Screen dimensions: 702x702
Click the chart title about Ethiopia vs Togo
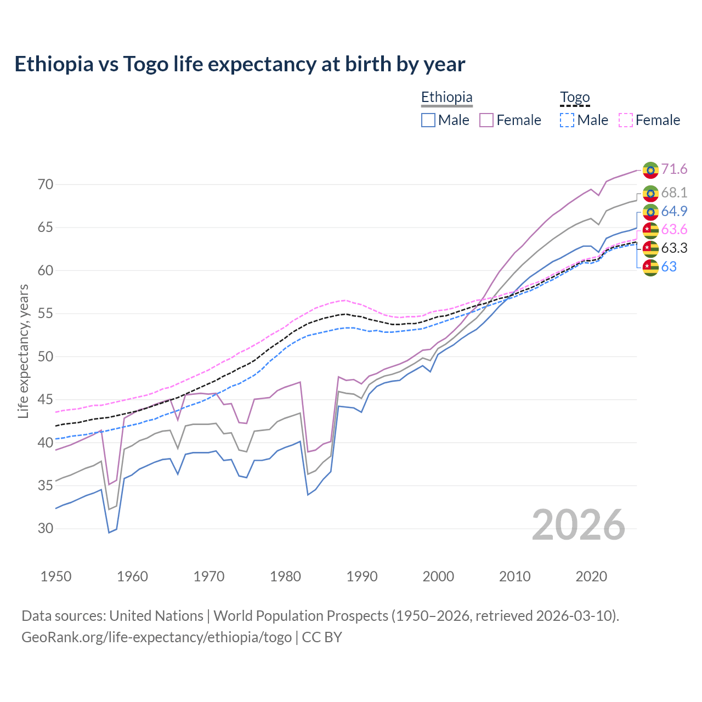click(x=240, y=64)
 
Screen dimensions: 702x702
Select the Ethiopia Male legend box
click(x=428, y=120)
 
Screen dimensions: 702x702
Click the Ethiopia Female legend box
click(x=486, y=120)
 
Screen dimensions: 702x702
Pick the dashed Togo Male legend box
click(x=567, y=120)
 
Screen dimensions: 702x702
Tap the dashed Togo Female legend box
click(x=626, y=120)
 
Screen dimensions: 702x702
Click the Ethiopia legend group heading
click(x=446, y=98)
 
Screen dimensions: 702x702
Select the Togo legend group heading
click(x=574, y=98)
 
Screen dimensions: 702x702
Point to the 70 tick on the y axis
click(x=46, y=185)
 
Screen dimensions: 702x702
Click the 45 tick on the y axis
click(x=46, y=400)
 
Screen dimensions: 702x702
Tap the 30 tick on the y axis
click(x=46, y=529)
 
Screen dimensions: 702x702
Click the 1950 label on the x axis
click(x=56, y=576)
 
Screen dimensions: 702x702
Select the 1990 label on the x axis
click(x=362, y=576)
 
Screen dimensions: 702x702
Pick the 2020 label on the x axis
click(x=591, y=576)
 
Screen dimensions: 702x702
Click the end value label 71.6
click(x=674, y=169)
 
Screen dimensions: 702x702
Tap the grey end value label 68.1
click(x=674, y=193)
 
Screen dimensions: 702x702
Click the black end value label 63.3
click(x=674, y=248)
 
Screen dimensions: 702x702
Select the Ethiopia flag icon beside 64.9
click(x=650, y=212)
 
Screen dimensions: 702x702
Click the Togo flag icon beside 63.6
click(x=650, y=230)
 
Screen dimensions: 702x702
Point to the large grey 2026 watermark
click(x=579, y=525)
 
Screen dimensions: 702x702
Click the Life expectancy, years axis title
click(x=24, y=351)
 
